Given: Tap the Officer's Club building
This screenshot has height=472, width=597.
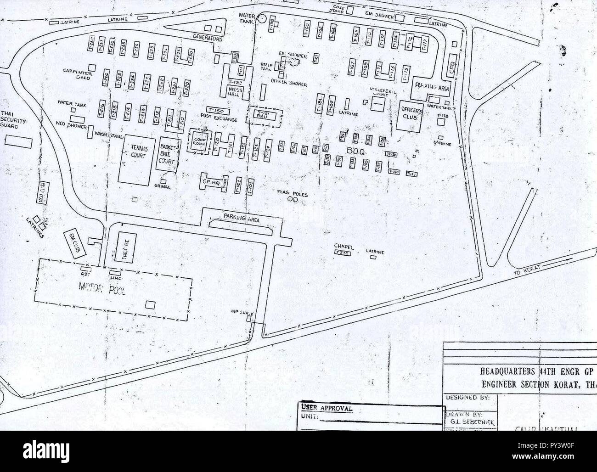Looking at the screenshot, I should (409, 115).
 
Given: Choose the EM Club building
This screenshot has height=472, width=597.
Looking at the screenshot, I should (73, 242).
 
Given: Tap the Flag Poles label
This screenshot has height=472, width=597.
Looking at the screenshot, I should (292, 194).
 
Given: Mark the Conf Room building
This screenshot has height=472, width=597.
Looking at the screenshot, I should (198, 143).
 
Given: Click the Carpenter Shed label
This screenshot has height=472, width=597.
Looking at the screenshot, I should (79, 74).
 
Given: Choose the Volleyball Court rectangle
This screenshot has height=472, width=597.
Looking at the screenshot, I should (377, 105).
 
